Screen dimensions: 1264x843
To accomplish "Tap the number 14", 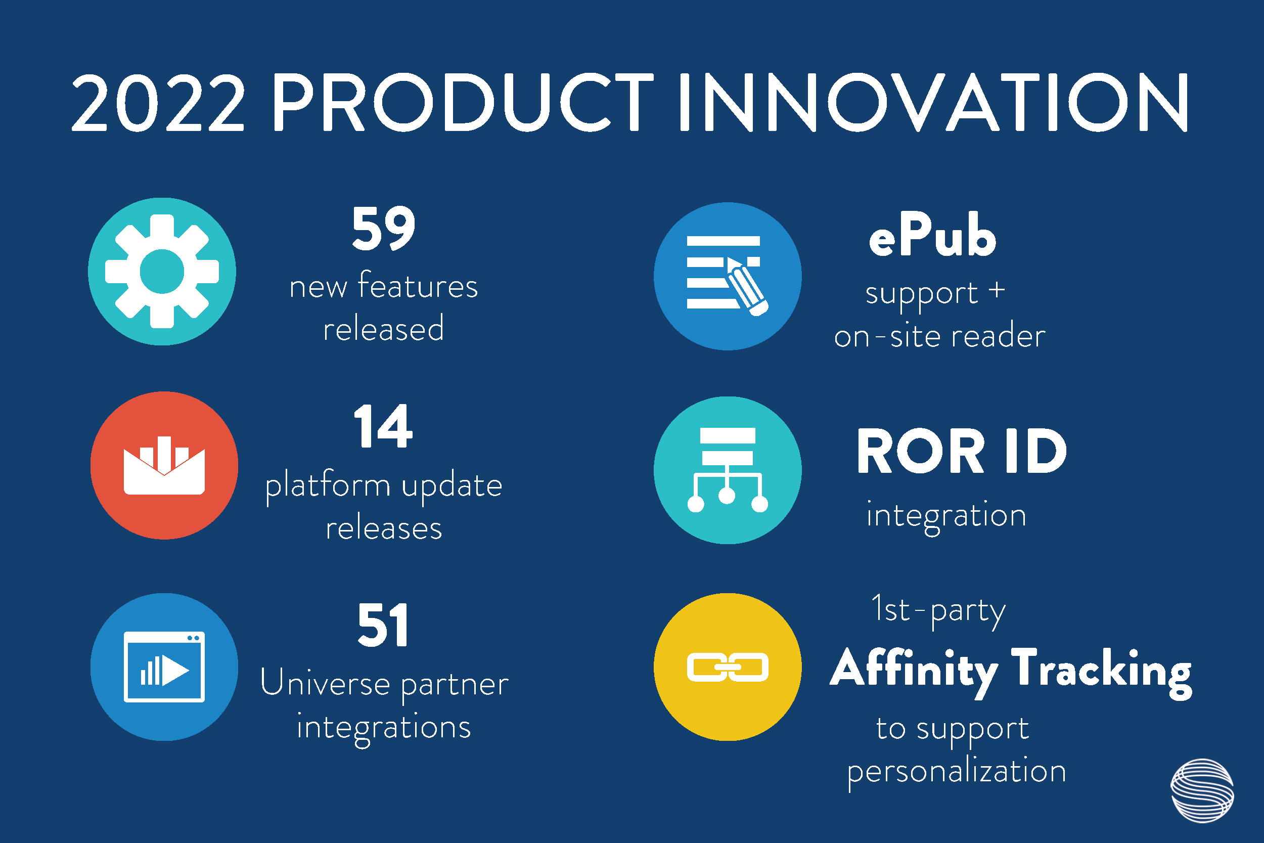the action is [383, 426].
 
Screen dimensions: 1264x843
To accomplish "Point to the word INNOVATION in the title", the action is [933, 102].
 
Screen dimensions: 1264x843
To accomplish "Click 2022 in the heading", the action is [158, 102].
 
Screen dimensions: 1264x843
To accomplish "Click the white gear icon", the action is [162, 272].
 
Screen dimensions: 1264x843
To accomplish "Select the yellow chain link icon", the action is [728, 667].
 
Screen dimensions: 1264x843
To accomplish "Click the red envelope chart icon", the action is [164, 466].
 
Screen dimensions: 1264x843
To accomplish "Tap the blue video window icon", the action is [164, 667].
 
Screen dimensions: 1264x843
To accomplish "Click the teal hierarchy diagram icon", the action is [728, 470].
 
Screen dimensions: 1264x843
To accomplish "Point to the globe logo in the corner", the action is [1202, 790].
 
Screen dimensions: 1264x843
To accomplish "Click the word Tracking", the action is [1102, 672].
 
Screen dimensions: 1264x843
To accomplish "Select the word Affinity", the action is [914, 672].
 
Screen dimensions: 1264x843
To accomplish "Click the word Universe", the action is [325, 683].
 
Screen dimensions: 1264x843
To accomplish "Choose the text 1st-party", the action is [938, 611].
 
